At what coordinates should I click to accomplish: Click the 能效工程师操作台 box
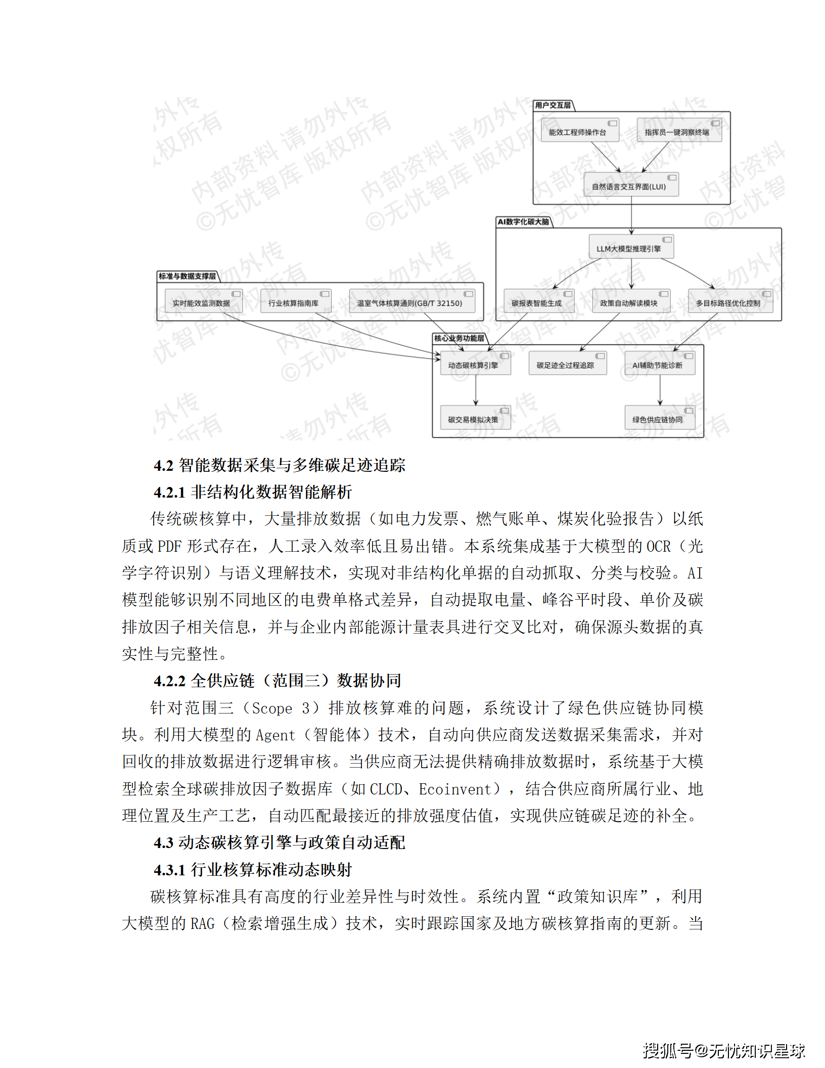click(580, 130)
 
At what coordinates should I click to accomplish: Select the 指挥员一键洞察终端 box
click(679, 130)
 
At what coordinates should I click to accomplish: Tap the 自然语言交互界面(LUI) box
click(631, 185)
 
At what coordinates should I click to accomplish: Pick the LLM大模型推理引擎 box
click(631, 247)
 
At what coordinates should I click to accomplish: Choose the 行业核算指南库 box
click(296, 301)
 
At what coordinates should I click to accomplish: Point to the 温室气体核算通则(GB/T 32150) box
click(412, 301)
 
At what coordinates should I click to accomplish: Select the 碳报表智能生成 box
click(538, 301)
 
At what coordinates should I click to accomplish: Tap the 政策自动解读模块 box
click(631, 301)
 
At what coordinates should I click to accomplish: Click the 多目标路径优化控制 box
click(730, 301)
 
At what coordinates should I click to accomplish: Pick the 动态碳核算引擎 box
click(475, 364)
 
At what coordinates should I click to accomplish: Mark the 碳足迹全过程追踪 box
click(567, 364)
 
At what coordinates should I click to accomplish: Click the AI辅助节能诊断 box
click(660, 364)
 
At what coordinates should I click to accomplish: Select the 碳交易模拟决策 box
click(475, 418)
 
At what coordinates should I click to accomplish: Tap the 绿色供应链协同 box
click(660, 418)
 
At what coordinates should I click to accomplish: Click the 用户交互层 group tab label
click(553, 105)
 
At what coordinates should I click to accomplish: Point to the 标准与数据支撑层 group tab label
click(187, 276)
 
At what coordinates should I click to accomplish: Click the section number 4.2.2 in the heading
click(170, 681)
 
